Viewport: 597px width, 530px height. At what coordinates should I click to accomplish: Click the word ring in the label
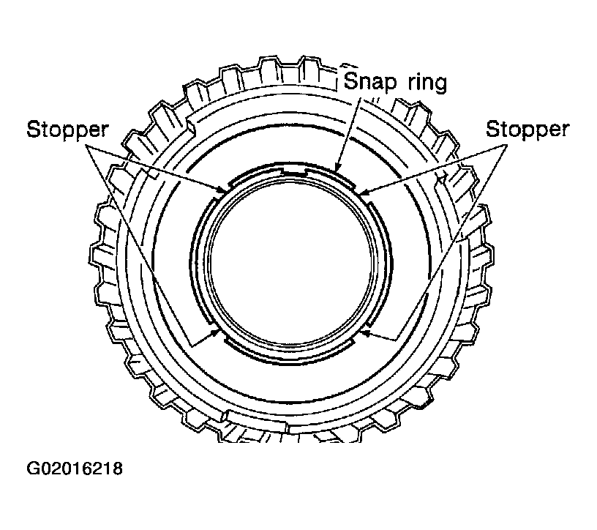427,82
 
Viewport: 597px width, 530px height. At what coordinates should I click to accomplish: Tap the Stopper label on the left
68,130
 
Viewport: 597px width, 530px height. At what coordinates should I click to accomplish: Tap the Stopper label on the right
527,130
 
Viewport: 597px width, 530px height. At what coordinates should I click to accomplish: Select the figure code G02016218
75,469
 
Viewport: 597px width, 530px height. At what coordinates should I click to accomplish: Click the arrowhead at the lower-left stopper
217,332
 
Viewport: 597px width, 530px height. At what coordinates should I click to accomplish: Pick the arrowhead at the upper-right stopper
364,192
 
